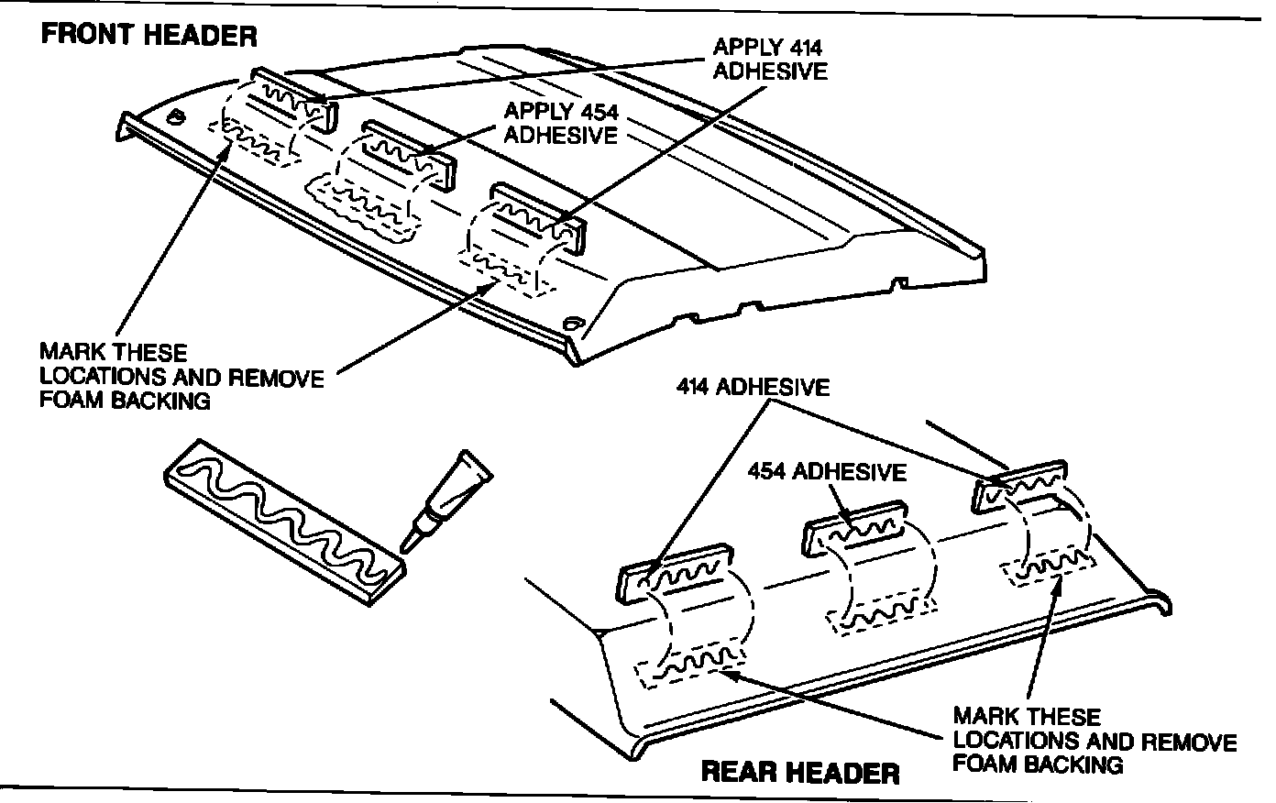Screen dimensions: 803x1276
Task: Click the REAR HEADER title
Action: coord(799,773)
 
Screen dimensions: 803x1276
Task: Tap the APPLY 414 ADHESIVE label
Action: coord(769,59)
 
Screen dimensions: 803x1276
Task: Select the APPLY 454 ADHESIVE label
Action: coord(561,123)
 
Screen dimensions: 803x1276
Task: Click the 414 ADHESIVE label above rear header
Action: coord(753,387)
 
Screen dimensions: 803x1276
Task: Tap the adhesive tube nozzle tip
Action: coord(409,544)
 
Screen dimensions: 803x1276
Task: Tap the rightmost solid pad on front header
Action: coord(539,216)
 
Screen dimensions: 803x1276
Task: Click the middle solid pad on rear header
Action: coord(854,526)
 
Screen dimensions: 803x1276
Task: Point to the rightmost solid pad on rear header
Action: coord(1018,480)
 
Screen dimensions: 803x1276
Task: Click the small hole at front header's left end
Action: coord(176,117)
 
